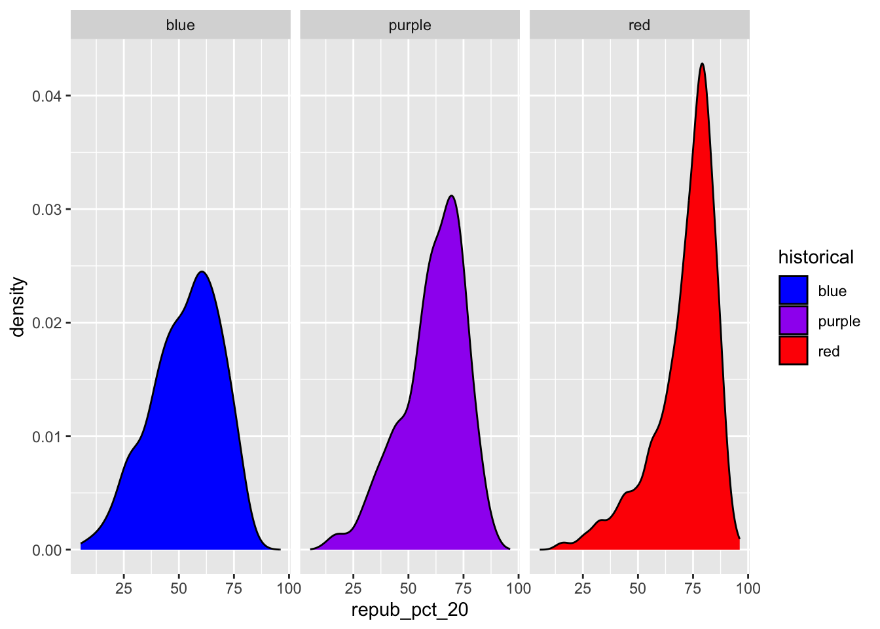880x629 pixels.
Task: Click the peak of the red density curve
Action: point(702,64)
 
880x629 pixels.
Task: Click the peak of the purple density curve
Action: point(451,196)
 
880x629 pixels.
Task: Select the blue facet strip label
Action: point(180,26)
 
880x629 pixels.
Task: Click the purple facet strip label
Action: point(410,26)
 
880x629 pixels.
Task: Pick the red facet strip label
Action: point(639,26)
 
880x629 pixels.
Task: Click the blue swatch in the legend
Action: point(793,291)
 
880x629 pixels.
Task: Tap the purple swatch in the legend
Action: point(793,321)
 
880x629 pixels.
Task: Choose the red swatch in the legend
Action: point(793,351)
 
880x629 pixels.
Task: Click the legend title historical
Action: point(816,257)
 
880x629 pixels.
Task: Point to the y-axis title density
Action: point(18,307)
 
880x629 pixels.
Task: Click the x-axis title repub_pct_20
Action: point(410,611)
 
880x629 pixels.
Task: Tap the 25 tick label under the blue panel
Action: point(124,588)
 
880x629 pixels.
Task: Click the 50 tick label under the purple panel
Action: point(408,588)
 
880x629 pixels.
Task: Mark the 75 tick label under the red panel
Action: point(693,588)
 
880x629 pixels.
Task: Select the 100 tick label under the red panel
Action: point(748,588)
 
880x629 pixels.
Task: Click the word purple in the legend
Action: point(839,321)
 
